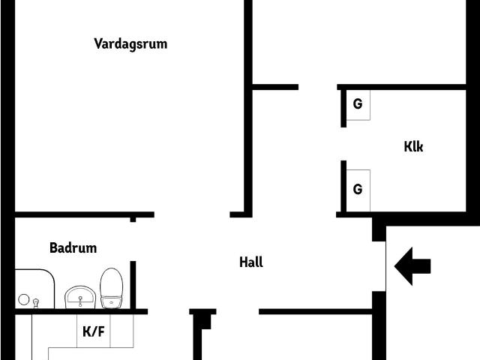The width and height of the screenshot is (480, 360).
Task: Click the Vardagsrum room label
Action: click(x=130, y=44)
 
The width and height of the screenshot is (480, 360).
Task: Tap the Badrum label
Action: click(x=73, y=248)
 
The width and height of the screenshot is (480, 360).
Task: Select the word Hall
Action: click(x=251, y=262)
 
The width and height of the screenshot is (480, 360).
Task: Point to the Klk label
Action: click(x=413, y=147)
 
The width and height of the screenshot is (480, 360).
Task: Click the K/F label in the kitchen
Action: click(x=94, y=331)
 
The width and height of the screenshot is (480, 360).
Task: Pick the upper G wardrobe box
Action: click(x=358, y=105)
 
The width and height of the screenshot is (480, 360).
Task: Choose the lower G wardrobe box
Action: click(x=358, y=190)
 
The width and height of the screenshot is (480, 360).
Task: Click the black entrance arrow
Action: click(x=412, y=266)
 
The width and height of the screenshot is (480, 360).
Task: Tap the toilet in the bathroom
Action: click(x=112, y=288)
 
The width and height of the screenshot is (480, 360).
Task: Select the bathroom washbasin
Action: click(x=80, y=297)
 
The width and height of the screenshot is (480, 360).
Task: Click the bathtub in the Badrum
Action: click(x=35, y=289)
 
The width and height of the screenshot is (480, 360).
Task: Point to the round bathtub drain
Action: click(x=23, y=299)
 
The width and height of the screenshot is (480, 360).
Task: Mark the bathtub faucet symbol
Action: click(x=36, y=303)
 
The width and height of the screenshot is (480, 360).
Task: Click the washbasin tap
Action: click(x=80, y=301)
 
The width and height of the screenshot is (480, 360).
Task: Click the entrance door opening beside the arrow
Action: click(x=379, y=266)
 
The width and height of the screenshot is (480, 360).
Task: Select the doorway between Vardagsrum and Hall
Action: click(x=192, y=214)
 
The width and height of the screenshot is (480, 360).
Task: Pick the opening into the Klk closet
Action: click(x=343, y=144)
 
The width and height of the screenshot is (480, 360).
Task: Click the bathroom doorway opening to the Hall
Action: click(x=133, y=241)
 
